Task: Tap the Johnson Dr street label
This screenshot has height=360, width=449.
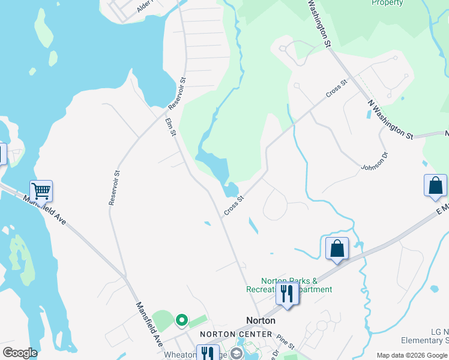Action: coord(375,160)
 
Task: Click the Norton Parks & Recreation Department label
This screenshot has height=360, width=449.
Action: coord(288,285)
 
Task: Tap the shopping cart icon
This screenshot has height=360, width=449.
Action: coord(41,191)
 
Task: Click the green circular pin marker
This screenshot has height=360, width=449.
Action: coord(181,321)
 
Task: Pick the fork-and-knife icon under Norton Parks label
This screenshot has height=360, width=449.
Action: coord(287,294)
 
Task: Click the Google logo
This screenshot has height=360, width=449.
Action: coord(20,353)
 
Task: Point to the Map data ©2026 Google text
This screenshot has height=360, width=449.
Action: coord(412,355)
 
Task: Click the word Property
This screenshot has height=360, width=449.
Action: coord(387,3)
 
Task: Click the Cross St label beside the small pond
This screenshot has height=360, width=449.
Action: coord(234,205)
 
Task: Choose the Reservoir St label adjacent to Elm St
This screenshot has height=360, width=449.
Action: coord(178,93)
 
